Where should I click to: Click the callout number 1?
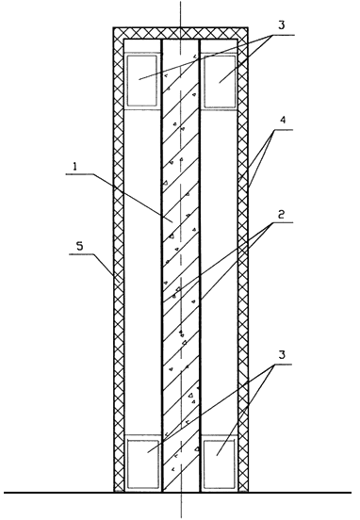click(75, 166)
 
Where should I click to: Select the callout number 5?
click(79, 246)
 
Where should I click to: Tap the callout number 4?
click(283, 120)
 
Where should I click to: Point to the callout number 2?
click(281, 215)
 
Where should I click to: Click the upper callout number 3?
click(282, 25)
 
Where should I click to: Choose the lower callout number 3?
click(282, 355)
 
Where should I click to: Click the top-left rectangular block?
click(142, 81)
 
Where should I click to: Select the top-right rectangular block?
click(220, 81)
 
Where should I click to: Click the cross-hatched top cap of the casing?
click(181, 33)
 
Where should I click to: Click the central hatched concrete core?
click(181, 266)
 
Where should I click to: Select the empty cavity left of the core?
click(142, 272)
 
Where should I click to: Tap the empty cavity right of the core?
click(219, 272)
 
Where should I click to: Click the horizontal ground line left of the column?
click(58, 493)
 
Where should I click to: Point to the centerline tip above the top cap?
click(181, 1)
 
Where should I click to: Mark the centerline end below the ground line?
click(181, 518)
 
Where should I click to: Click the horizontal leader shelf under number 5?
click(81, 254)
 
